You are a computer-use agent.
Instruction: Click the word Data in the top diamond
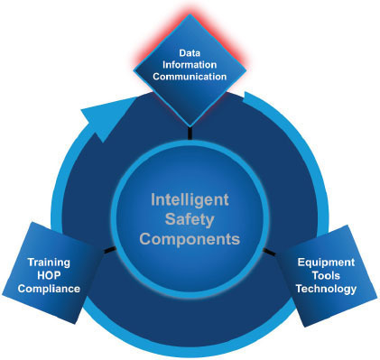coord(190,53)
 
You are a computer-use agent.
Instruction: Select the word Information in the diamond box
coord(190,65)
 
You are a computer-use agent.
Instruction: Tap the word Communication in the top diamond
coord(190,77)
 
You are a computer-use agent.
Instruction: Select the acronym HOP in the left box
coord(51,276)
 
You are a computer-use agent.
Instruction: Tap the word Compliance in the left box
coord(51,290)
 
